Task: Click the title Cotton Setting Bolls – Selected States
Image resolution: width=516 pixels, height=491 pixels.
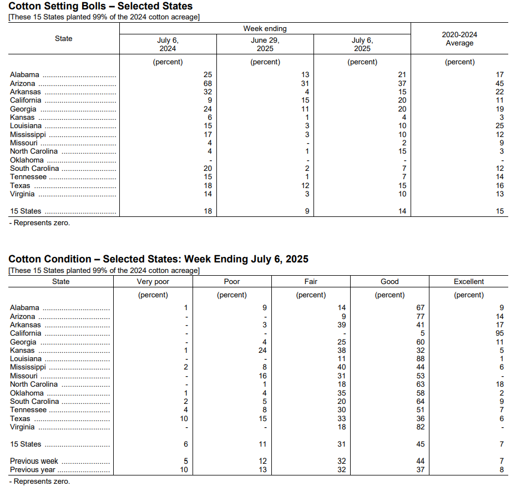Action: coord(100,6)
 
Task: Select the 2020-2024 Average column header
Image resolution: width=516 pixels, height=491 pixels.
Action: coord(459,39)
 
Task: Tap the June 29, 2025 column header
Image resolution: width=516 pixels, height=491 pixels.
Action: coord(265,44)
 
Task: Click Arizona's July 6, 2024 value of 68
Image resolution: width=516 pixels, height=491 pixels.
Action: coord(208,83)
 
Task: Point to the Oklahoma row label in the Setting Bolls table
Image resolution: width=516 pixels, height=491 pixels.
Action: coord(27,160)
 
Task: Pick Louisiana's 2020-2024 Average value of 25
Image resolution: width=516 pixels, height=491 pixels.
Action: coord(499,126)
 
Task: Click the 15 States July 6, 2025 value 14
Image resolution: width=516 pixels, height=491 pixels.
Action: coord(402,211)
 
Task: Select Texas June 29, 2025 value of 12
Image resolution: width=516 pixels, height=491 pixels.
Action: coord(305,186)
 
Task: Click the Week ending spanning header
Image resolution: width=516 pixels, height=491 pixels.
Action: coord(265,29)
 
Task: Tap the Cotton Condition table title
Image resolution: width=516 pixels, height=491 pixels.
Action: coord(158,259)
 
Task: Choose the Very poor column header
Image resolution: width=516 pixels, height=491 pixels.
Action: coord(153,281)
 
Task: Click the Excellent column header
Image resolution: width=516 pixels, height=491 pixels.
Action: coord(469,281)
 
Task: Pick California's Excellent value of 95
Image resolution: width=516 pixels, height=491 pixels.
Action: coord(499,333)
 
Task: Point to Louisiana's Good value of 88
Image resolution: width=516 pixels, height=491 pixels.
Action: coord(420,359)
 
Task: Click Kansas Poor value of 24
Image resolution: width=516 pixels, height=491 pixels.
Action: coord(262,350)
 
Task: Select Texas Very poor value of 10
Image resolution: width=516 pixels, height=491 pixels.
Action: coord(184,418)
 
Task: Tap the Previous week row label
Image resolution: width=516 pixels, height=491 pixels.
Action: coord(34,461)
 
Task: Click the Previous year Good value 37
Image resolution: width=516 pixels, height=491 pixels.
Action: coord(420,469)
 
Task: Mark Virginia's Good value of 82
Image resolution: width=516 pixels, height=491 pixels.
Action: coord(420,427)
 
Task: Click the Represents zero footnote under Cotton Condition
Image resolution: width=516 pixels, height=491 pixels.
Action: coord(39,481)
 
